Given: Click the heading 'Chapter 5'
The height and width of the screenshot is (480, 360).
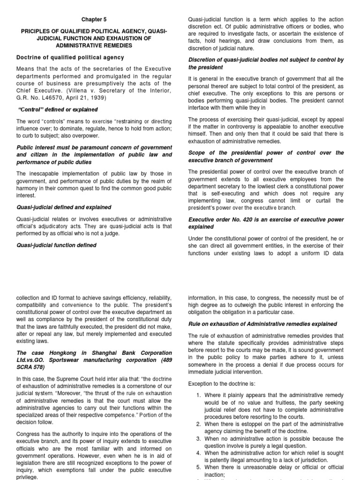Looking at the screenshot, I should [x=94, y=20].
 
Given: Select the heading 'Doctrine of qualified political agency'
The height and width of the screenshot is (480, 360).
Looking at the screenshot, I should [x=70, y=58].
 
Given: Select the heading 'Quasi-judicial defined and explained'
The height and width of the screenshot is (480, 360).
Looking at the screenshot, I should [x=64, y=207].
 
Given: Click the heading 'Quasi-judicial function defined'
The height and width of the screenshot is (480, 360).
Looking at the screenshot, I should [x=56, y=245].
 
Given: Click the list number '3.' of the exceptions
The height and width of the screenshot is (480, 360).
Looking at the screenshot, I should [x=198, y=438].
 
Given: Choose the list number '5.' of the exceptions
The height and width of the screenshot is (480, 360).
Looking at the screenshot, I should [x=198, y=468].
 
